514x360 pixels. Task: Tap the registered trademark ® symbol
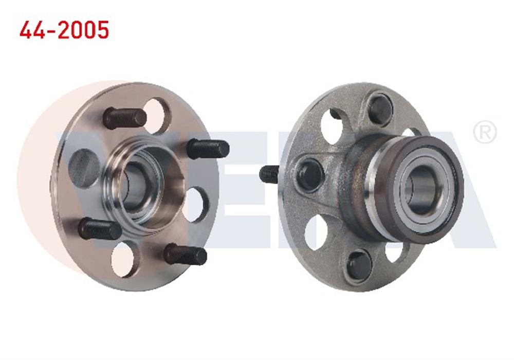click(484, 133)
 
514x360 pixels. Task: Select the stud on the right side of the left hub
click(208, 149)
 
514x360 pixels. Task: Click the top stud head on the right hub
click(380, 110)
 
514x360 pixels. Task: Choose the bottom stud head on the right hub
click(359, 265)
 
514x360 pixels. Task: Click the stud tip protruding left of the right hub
click(269, 174)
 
